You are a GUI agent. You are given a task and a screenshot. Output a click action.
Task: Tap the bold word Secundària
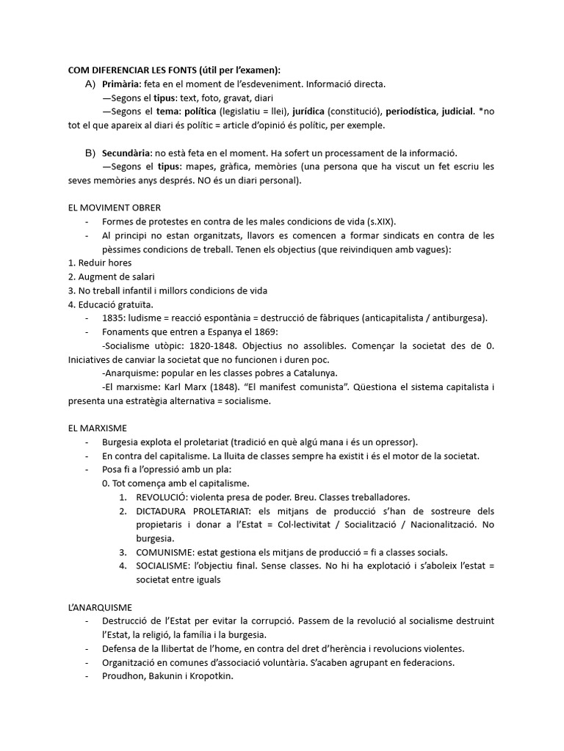click(x=126, y=153)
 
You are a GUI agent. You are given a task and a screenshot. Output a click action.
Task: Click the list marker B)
click(x=90, y=153)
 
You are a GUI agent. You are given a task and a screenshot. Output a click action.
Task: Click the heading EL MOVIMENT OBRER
click(x=114, y=208)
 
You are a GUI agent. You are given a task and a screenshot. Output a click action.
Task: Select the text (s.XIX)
click(x=383, y=221)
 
